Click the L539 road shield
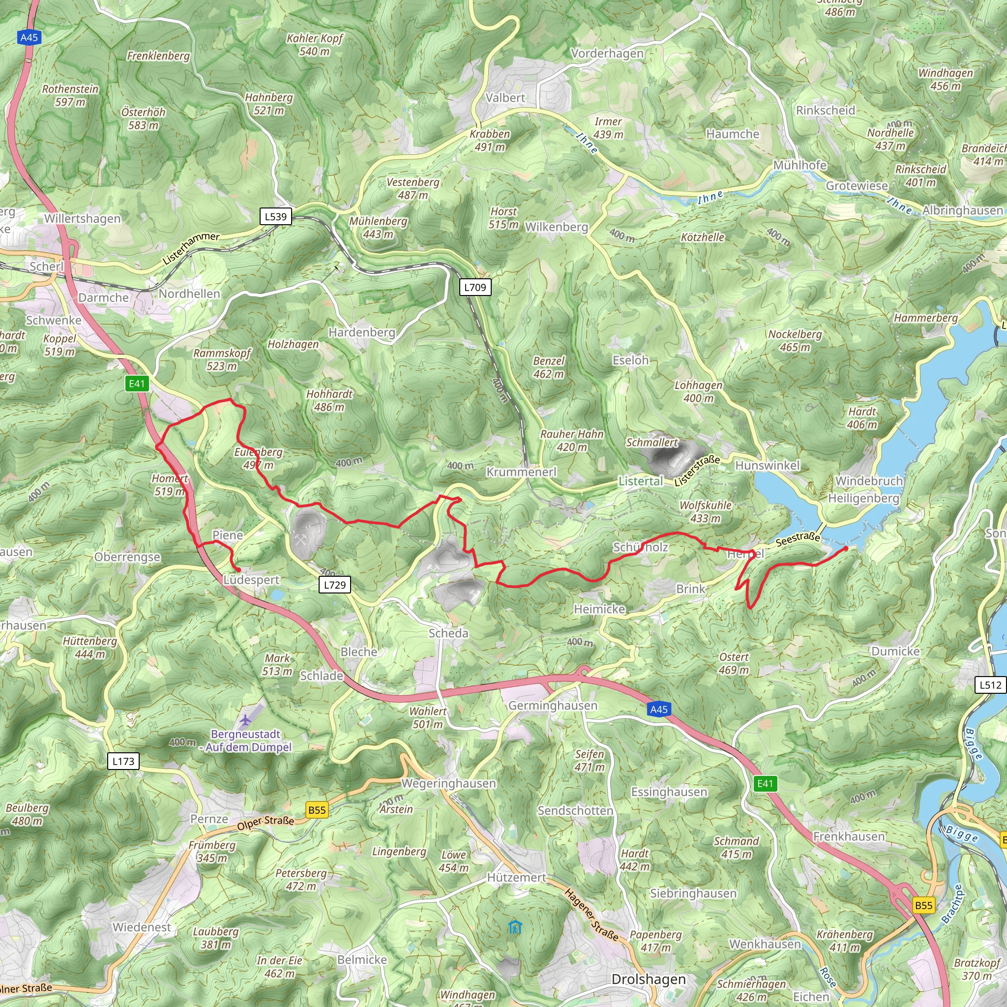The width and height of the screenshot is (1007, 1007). pos(275,216)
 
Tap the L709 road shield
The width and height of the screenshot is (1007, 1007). pos(475,287)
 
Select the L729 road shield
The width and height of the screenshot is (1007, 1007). pos(335,585)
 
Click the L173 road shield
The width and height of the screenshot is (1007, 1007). pos(123,761)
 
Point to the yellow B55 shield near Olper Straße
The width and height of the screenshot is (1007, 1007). pos(317,810)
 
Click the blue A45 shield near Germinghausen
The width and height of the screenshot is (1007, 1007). pos(659,709)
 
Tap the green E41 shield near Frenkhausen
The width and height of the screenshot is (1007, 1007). pos(765,783)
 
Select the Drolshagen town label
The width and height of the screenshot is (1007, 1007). pos(649,979)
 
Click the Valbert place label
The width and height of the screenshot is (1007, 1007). pos(505,97)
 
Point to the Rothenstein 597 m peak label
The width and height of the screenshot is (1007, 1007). pos(70,95)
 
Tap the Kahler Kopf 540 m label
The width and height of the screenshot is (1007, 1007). pos(314,45)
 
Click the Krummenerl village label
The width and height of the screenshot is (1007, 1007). pos(521,472)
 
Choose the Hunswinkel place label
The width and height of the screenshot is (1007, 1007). pos(767,466)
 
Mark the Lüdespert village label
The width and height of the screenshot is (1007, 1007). pos(251,580)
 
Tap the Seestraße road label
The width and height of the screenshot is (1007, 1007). pos(798,539)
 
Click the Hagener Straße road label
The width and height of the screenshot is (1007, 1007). pos(591,915)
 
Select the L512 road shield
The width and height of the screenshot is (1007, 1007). pos(990,684)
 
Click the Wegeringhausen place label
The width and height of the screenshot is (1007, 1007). pos(448,783)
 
